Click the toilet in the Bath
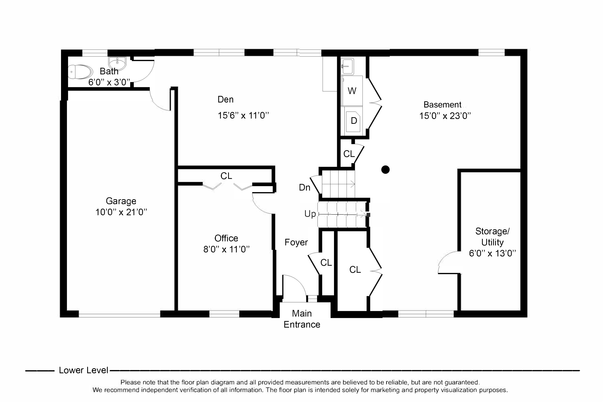pyautogui.click(x=80, y=72)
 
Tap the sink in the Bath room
pyautogui.click(x=117, y=63)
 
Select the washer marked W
pyautogui.click(x=352, y=91)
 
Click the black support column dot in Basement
pyautogui.click(x=385, y=169)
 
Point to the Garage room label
pyautogui.click(x=121, y=201)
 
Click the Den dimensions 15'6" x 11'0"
pyautogui.click(x=243, y=115)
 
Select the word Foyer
pyautogui.click(x=296, y=242)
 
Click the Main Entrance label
pyautogui.click(x=302, y=319)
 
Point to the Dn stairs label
pyautogui.click(x=305, y=187)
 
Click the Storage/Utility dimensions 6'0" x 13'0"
pyautogui.click(x=492, y=253)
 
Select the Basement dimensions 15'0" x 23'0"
pyautogui.click(x=445, y=116)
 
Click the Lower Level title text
pyautogui.click(x=84, y=370)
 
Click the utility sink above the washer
pyautogui.click(x=347, y=66)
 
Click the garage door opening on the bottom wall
pyautogui.click(x=119, y=315)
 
